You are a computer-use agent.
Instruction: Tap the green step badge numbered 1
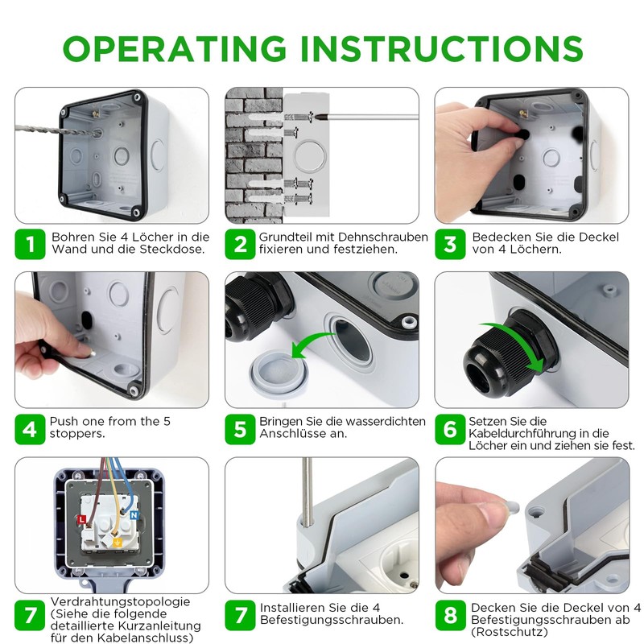tap(31, 243)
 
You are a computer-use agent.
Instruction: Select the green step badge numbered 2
tap(240, 243)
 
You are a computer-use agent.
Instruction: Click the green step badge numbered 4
tap(31, 428)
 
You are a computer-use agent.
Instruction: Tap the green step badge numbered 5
tap(240, 428)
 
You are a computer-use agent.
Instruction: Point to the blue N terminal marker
tap(134, 513)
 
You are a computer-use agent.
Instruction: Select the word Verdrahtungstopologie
tap(120, 601)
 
